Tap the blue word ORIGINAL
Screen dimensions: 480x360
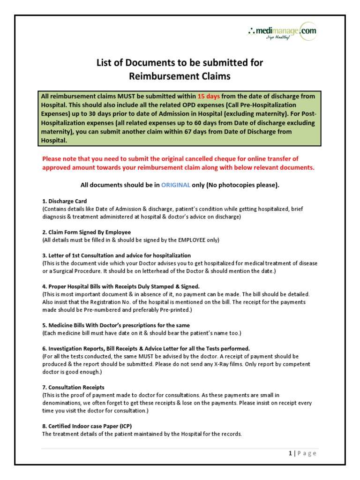click(x=176, y=185)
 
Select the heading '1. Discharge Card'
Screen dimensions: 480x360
click(x=65, y=201)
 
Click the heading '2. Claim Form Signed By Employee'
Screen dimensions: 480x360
click(x=86, y=232)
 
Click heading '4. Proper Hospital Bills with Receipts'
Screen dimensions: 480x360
click(x=121, y=286)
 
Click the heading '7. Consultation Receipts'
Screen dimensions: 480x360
click(x=73, y=387)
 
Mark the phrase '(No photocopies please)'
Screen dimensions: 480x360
click(x=243, y=185)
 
